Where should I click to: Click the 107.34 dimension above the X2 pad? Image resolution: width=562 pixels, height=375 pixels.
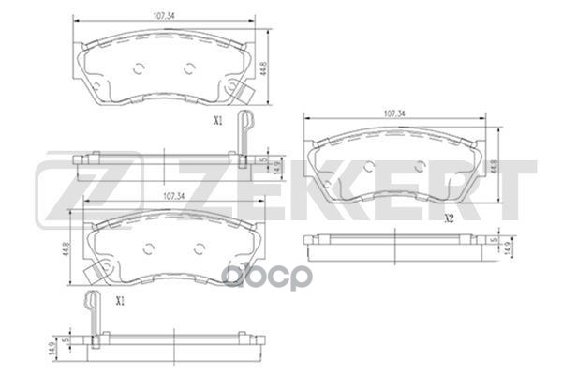[394, 113]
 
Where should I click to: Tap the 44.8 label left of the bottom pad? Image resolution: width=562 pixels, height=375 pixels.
[69, 250]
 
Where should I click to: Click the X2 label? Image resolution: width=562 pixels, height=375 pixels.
[449, 219]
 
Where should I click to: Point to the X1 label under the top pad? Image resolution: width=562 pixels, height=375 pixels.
[218, 119]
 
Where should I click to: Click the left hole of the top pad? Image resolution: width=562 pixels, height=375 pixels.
[139, 67]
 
